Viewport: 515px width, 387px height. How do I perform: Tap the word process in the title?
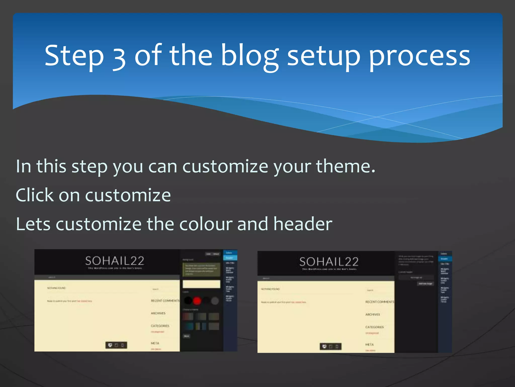pos(419,57)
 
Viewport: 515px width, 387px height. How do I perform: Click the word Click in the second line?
pos(35,195)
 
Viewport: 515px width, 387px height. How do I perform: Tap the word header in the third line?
pos(303,224)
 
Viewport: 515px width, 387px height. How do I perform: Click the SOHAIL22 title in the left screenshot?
pos(115,261)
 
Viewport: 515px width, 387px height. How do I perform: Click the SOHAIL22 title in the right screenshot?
pos(329,262)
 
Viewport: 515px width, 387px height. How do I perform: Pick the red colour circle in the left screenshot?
pos(197,301)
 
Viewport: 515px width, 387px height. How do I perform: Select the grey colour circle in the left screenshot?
pos(215,301)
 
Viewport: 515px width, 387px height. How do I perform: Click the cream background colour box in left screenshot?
pos(201,284)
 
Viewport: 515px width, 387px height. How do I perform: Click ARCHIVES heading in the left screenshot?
pos(158,313)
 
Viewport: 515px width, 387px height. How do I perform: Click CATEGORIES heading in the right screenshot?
pos(374,327)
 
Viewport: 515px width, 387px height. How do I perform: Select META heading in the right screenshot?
pos(369,344)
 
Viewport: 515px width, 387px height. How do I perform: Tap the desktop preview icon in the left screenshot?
pos(110,345)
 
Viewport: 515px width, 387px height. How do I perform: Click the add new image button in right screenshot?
pos(425,284)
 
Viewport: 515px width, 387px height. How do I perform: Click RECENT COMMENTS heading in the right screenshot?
pos(379,302)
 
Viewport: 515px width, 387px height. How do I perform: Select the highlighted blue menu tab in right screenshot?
pos(445,259)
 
